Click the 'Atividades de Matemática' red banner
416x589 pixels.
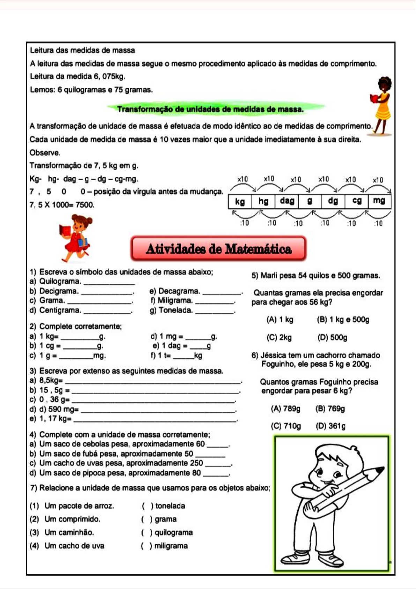[218, 249]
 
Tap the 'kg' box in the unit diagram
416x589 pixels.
[240, 201]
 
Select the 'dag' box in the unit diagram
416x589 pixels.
[287, 201]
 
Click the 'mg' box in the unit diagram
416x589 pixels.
[379, 201]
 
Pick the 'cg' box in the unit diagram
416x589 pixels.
[357, 201]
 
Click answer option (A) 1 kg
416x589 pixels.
[280, 319]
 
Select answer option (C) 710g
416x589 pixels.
[285, 426]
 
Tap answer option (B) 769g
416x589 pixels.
[330, 409]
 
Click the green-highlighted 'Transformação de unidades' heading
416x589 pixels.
[210, 109]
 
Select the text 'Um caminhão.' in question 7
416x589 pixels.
[69, 532]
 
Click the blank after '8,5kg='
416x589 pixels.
[153, 381]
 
